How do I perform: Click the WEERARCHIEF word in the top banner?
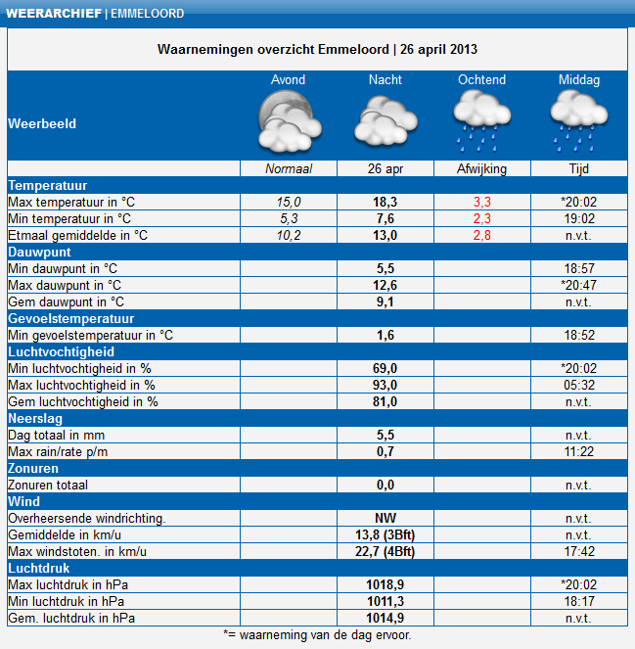tap(54, 14)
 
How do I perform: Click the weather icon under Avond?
tap(290, 120)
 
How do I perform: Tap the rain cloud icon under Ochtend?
tap(482, 121)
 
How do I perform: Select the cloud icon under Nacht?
tap(386, 120)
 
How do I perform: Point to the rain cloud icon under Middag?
tap(578, 121)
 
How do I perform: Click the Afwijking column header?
tap(481, 169)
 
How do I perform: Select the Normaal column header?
tap(289, 169)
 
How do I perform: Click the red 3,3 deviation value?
tap(482, 202)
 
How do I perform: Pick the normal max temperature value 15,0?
tap(289, 202)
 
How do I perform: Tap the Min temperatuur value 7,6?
tap(386, 218)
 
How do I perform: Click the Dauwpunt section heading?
tap(39, 253)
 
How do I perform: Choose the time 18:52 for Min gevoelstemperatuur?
tap(579, 335)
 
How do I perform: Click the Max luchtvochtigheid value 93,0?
tap(385, 385)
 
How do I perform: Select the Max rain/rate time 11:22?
tap(578, 451)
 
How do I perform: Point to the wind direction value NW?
tap(386, 518)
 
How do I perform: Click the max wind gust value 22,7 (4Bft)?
tap(385, 552)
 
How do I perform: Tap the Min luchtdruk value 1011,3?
tap(386, 601)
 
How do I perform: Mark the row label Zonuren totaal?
tap(48, 486)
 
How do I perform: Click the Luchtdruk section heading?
tap(39, 569)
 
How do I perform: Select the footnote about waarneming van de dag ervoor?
tap(317, 635)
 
